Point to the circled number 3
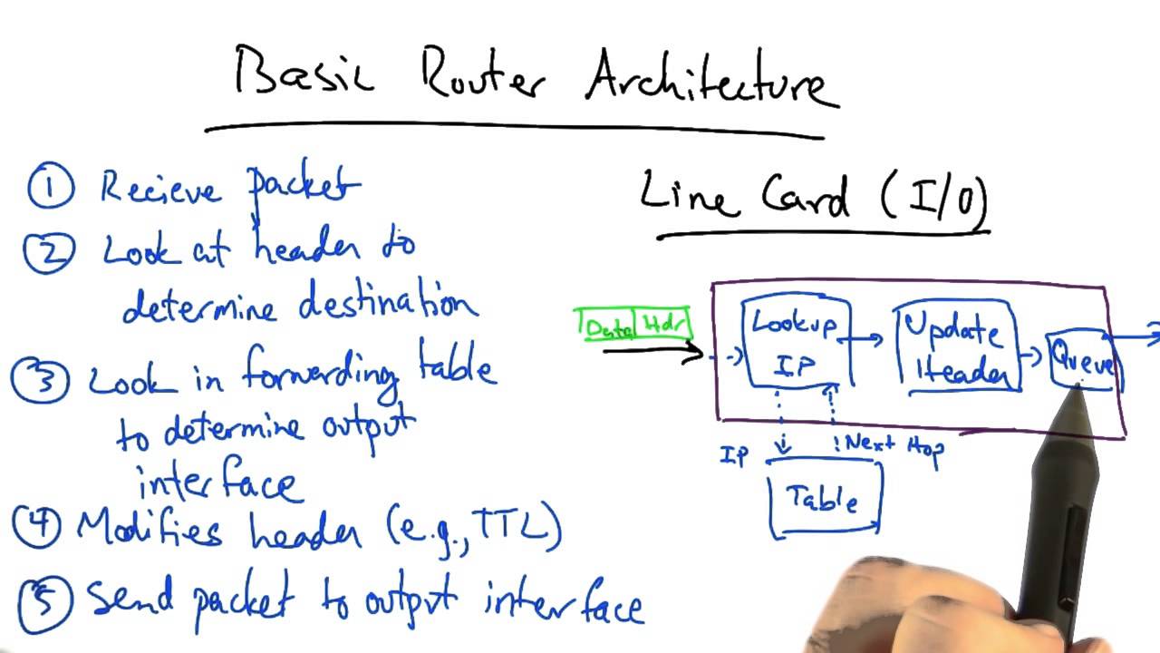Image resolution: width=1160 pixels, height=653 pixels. pyautogui.click(x=39, y=379)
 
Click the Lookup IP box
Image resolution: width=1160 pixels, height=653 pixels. pyautogui.click(x=796, y=343)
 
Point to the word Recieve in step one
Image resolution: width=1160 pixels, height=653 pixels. pyautogui.click(x=159, y=189)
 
